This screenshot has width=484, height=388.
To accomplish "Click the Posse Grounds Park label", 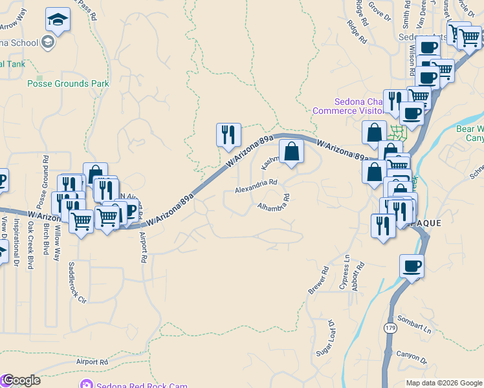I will [x=68, y=84].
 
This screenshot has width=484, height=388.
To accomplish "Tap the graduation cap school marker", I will [x=58, y=21].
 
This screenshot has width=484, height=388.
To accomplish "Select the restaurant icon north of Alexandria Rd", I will [x=228, y=135].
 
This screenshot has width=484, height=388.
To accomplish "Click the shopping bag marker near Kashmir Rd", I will [x=291, y=152].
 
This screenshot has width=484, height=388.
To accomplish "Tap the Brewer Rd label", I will [x=319, y=280].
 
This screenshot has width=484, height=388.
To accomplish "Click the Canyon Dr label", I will [x=412, y=357].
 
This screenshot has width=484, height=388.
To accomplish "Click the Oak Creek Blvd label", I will [x=30, y=246].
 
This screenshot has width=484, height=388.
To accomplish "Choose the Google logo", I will [x=21, y=380].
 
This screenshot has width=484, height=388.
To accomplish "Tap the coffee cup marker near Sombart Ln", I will [x=412, y=266].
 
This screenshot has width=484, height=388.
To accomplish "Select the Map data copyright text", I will [x=443, y=383].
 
